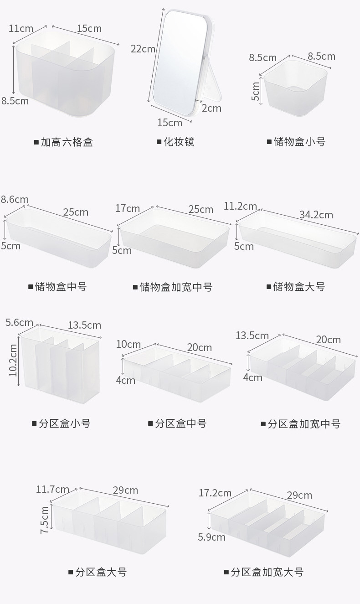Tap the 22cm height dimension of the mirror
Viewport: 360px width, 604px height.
click(143, 48)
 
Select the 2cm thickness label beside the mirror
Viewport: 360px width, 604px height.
click(211, 108)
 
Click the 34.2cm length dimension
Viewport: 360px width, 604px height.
click(316, 215)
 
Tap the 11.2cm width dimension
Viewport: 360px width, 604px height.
click(240, 206)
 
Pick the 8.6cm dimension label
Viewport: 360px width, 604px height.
click(15, 199)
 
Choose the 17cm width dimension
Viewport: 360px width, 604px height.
click(128, 208)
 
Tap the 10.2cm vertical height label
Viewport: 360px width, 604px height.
click(13, 360)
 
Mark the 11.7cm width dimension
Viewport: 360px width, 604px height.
click(52, 490)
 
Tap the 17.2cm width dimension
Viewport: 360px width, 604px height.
click(215, 493)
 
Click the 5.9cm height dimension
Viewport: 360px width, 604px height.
click(211, 537)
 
